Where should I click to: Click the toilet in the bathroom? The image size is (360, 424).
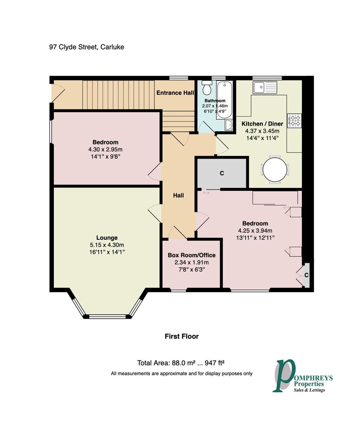click(x=207, y=87)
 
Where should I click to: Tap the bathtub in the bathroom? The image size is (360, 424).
click(x=224, y=100)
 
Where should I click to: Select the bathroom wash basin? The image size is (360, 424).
click(x=229, y=125)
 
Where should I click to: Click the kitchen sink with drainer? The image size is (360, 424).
click(x=265, y=87)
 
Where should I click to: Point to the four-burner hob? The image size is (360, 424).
click(x=295, y=121)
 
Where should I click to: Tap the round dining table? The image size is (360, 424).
click(x=275, y=170)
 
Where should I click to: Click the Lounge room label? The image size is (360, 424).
click(x=107, y=238)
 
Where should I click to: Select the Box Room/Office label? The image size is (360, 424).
click(x=191, y=255)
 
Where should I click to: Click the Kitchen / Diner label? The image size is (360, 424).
click(x=262, y=124)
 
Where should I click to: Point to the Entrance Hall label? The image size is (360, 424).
click(x=175, y=93)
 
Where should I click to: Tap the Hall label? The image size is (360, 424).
click(x=178, y=195)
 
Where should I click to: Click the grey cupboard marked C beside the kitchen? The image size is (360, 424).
click(x=222, y=173)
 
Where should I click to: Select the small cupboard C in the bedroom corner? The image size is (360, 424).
click(x=307, y=275)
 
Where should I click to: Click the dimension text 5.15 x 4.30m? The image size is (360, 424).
click(x=107, y=245)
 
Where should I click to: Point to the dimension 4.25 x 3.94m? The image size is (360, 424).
click(x=255, y=231)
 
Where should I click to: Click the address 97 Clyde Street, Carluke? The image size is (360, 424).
click(x=87, y=47)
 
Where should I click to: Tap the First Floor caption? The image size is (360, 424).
click(x=182, y=336)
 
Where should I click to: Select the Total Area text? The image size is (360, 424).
click(x=181, y=363)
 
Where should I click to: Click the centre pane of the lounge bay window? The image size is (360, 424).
click(x=107, y=316)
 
